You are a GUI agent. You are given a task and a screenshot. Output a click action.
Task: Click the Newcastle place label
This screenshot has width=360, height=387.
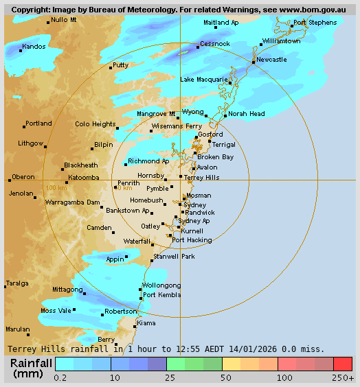pyautogui.click(x=271, y=60)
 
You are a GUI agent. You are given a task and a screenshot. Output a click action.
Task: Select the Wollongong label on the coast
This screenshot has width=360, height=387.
pyautogui.click(x=161, y=285)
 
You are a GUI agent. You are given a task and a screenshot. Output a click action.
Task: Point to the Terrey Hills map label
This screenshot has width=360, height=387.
pyautogui.click(x=202, y=177)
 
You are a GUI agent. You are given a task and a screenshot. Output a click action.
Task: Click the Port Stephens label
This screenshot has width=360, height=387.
pyautogui.click(x=315, y=23)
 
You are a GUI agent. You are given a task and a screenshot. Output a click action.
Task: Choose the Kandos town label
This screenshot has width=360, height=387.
pyautogui.click(x=34, y=47)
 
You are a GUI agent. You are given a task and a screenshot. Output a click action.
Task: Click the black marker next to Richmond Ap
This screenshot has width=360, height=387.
pyautogui.click(x=126, y=164)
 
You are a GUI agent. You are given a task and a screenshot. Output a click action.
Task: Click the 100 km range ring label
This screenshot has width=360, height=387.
pyautogui.click(x=56, y=187)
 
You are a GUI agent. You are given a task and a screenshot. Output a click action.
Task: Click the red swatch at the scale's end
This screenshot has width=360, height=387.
pyautogui.click(x=343, y=364)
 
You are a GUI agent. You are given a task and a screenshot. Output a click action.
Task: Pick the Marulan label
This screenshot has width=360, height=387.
pyautogui.click(x=18, y=329)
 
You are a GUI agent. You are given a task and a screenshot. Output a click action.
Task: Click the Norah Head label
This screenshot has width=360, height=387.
pyautogui.click(x=247, y=114)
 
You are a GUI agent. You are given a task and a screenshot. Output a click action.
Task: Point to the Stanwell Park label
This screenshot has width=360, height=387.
pyautogui.click(x=175, y=256)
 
